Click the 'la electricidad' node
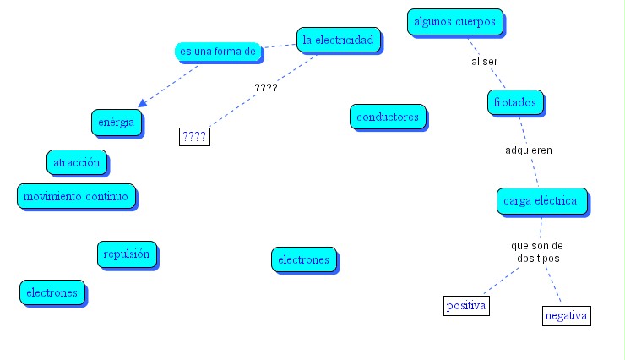[x=338, y=39]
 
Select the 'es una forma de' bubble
[x=218, y=52]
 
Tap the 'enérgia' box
[x=116, y=123]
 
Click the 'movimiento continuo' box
[x=75, y=197]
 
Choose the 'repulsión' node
[x=127, y=254]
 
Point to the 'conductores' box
[x=388, y=117]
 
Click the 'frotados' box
[x=517, y=103]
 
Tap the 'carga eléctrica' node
[x=540, y=201]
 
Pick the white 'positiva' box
[x=466, y=305]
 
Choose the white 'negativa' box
[x=566, y=315]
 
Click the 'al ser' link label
[x=484, y=62]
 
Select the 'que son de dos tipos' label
[x=536, y=252]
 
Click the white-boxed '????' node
[x=195, y=136]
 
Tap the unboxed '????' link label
[x=266, y=87]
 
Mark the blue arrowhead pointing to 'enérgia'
[x=143, y=102]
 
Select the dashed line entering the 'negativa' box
[x=553, y=287]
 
